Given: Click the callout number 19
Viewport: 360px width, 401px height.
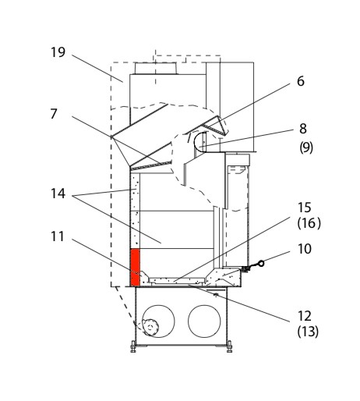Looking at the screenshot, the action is (58, 52).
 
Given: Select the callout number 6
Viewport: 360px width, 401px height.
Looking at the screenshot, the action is (301, 81).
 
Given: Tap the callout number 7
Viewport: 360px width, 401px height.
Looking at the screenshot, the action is (54, 114).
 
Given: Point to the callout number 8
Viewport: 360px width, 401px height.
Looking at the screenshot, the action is (303, 129).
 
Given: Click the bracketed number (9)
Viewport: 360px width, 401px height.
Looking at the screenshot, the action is (306, 147).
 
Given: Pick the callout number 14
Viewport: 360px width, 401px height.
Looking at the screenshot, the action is (58, 193).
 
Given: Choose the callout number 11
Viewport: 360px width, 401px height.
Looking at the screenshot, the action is (58, 236).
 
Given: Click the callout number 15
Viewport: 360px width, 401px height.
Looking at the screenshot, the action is (304, 208).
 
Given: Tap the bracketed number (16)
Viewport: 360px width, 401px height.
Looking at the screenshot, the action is (309, 223).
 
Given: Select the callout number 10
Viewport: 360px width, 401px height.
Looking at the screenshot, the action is (305, 249).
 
